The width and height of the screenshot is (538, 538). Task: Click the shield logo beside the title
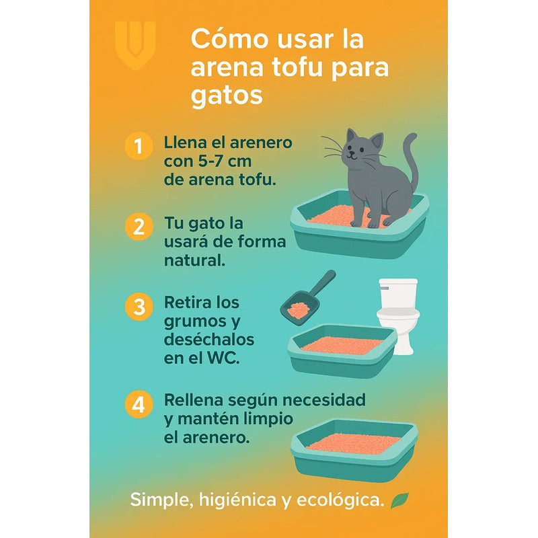click(134, 44)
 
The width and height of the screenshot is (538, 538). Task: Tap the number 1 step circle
click(138, 147)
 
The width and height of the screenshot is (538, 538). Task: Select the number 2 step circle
click(138, 227)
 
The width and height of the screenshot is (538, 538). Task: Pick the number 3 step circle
click(138, 307)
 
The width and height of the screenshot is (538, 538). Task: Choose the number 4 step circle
click(138, 406)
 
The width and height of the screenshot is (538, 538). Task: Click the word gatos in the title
click(227, 95)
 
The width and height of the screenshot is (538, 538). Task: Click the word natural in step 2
click(194, 260)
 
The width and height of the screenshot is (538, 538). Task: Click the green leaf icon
click(400, 500)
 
